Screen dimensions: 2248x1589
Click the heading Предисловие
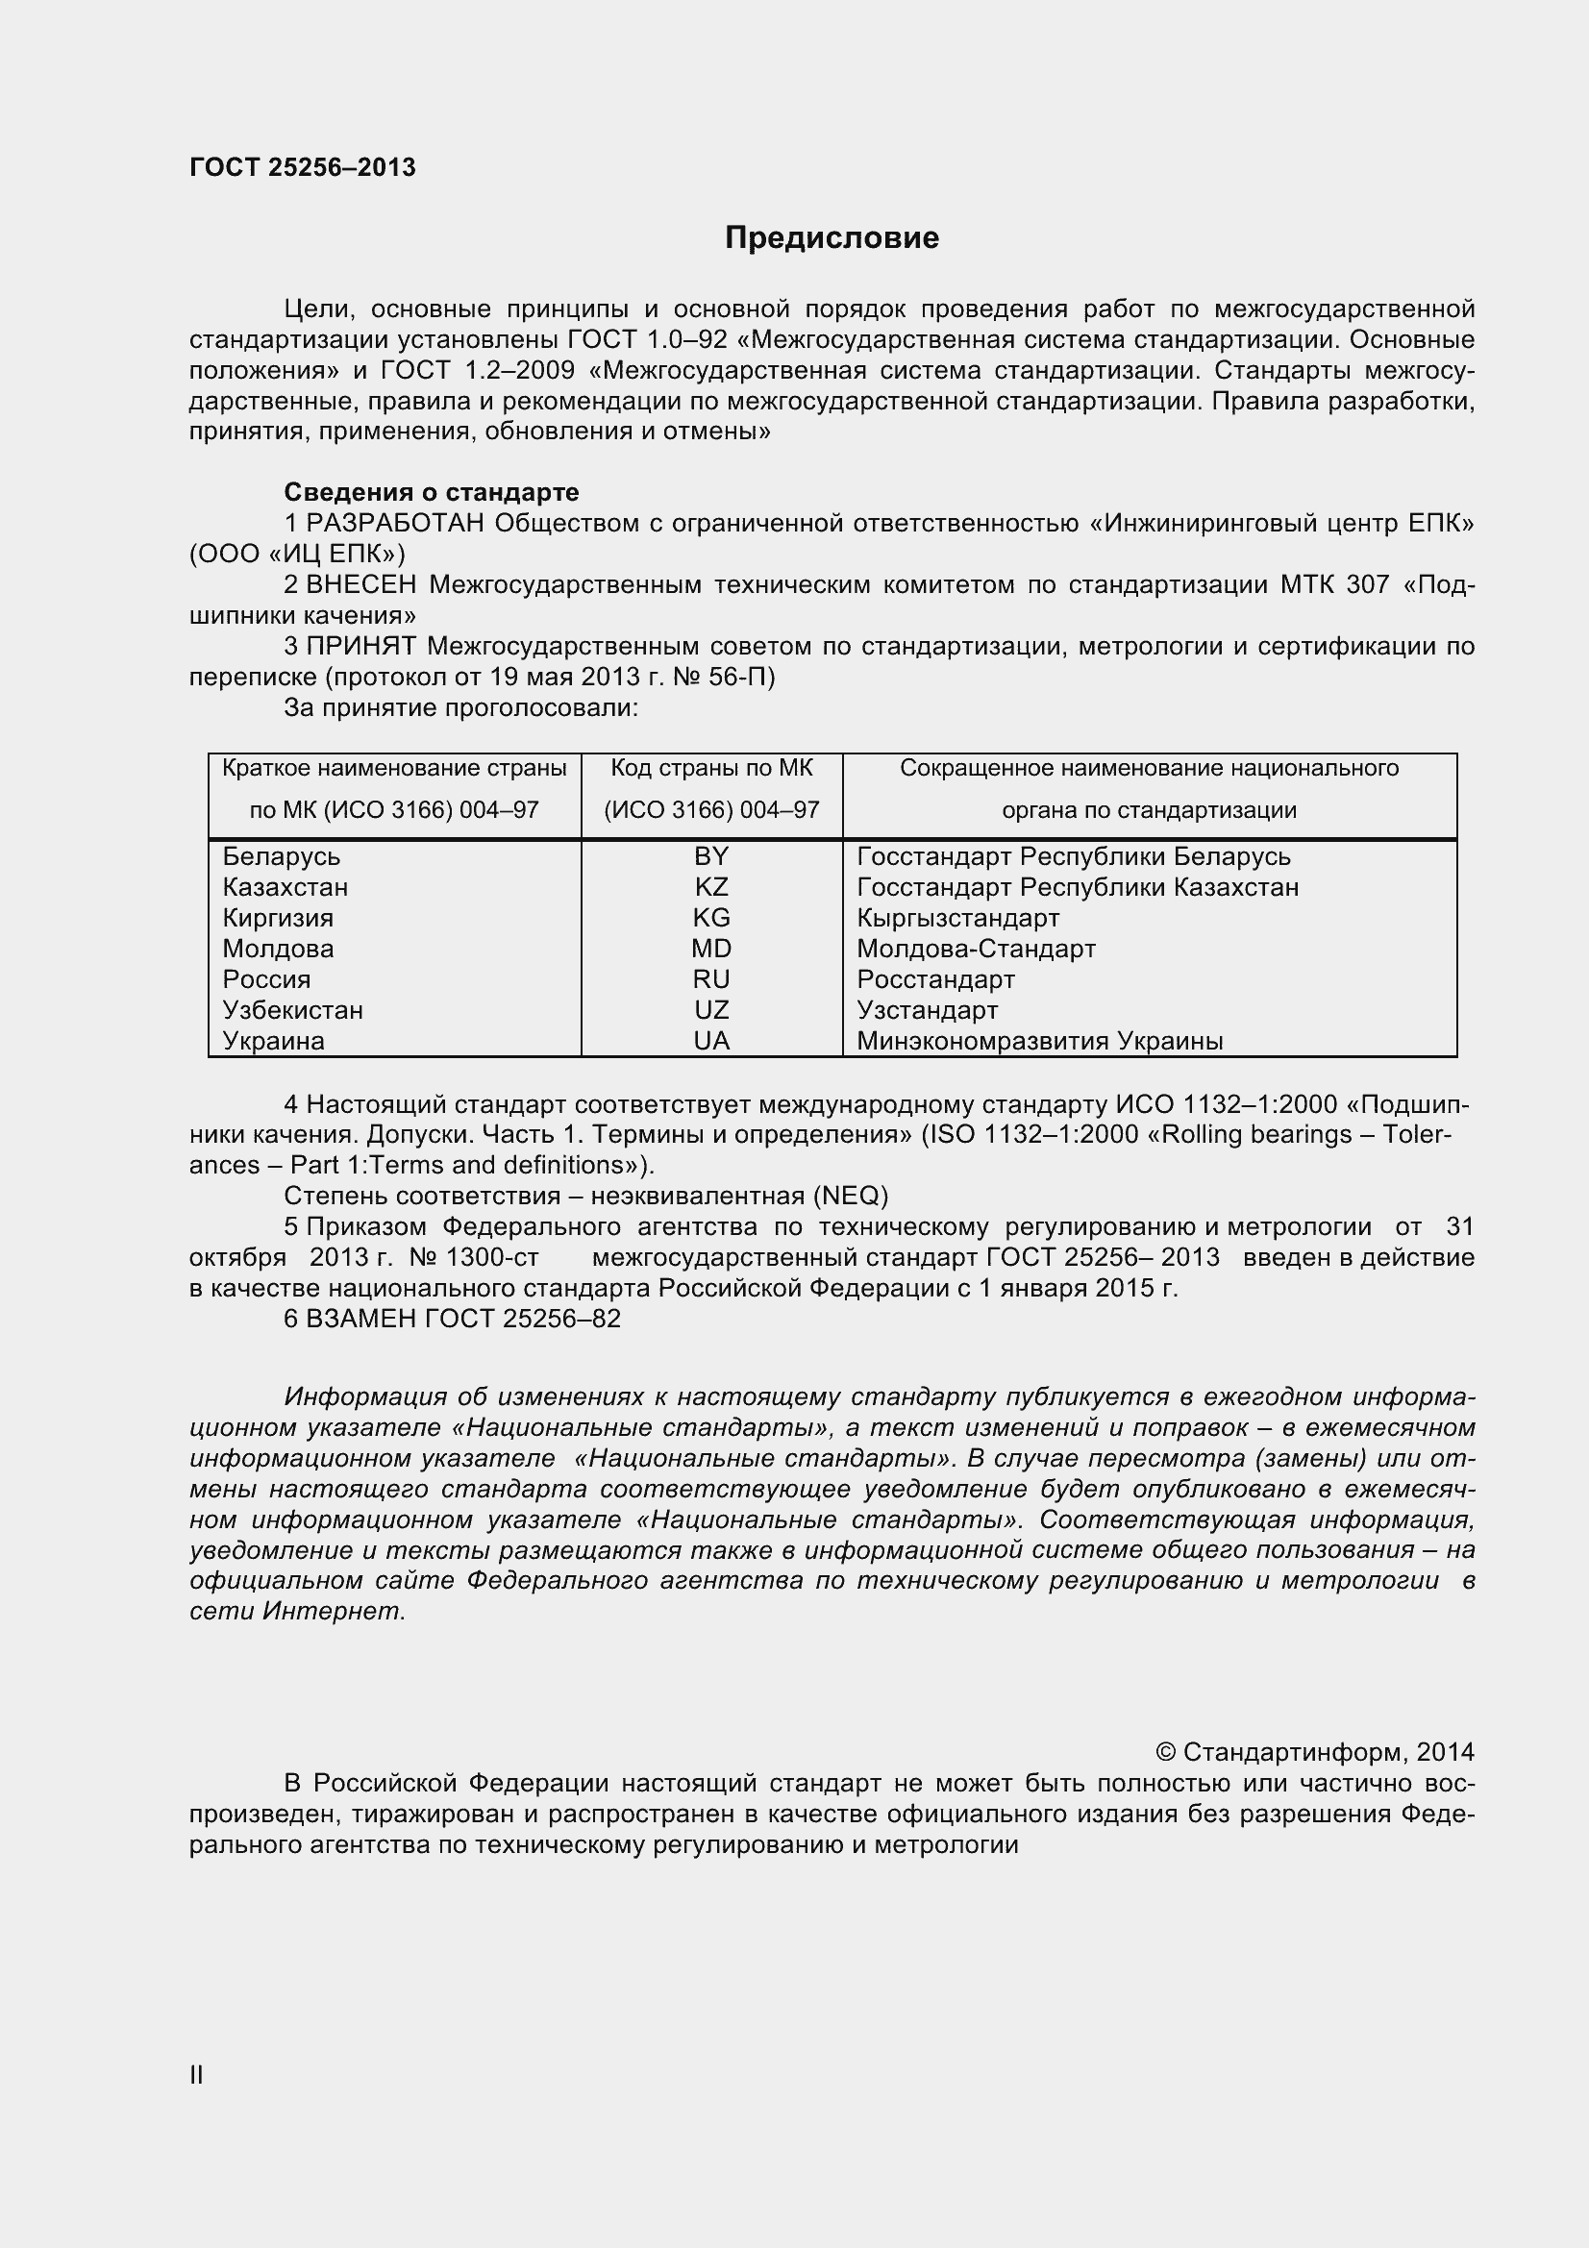pyautogui.click(x=832, y=238)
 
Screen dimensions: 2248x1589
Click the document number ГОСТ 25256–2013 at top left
pyautogui.click(x=303, y=167)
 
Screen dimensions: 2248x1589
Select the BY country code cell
pyautogui.click(x=710, y=856)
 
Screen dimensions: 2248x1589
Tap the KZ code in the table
pyautogui.click(x=710, y=887)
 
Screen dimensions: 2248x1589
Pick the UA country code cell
pyautogui.click(x=710, y=1041)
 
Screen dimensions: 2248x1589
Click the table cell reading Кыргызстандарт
pyautogui.click(x=957, y=919)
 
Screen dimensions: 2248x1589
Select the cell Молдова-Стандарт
pyautogui.click(x=975, y=949)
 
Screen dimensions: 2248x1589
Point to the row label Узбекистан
pyautogui.click(x=293, y=1010)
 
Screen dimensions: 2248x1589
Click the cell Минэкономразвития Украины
pyautogui.click(x=1039, y=1041)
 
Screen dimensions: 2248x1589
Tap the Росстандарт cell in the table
pyautogui.click(x=935, y=979)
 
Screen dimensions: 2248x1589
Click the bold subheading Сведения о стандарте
pyautogui.click(x=431, y=492)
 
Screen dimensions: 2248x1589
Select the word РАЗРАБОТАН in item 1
pyautogui.click(x=394, y=524)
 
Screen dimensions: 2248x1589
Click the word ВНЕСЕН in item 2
pyautogui.click(x=361, y=584)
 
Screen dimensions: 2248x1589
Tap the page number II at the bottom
pyautogui.click(x=196, y=2075)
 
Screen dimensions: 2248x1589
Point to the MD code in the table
pyautogui.click(x=710, y=949)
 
